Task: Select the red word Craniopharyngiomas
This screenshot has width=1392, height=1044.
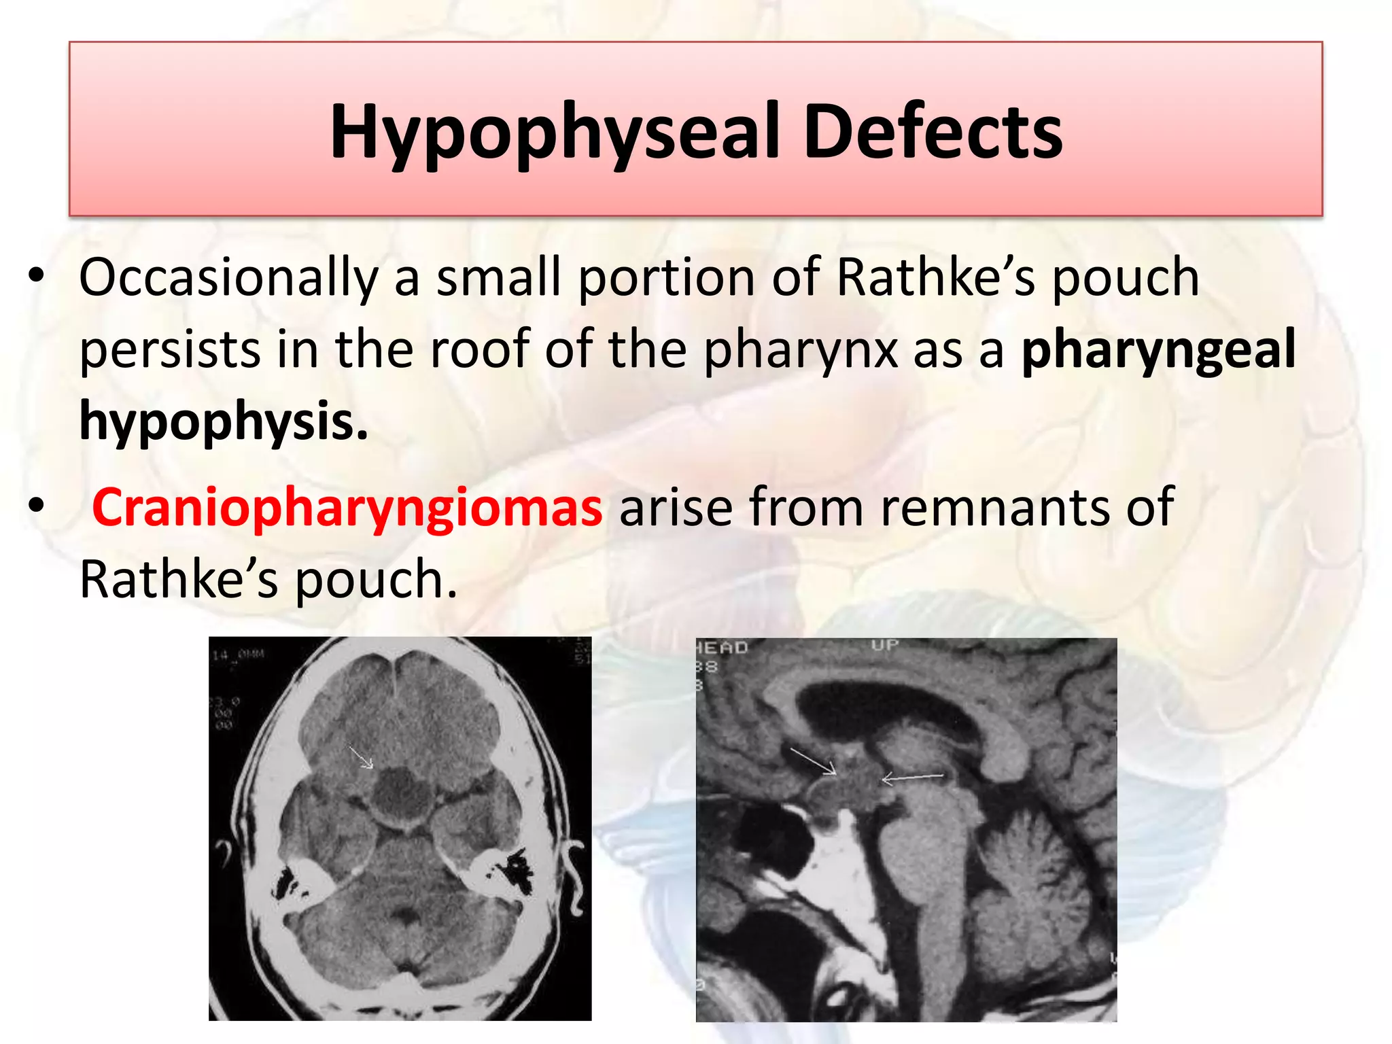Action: pyautogui.click(x=347, y=507)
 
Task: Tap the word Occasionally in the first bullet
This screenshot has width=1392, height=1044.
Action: pyautogui.click(x=228, y=279)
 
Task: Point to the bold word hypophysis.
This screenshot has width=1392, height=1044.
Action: pyautogui.click(x=224, y=421)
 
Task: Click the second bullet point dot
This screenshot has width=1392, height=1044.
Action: pyautogui.click(x=37, y=506)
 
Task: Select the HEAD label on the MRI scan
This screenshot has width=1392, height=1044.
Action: pyautogui.click(x=722, y=648)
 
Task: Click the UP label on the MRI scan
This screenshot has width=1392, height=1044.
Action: pyautogui.click(x=885, y=644)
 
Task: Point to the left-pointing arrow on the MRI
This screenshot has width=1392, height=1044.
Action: pyautogui.click(x=911, y=778)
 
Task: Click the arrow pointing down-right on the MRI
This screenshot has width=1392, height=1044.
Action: pyautogui.click(x=813, y=761)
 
